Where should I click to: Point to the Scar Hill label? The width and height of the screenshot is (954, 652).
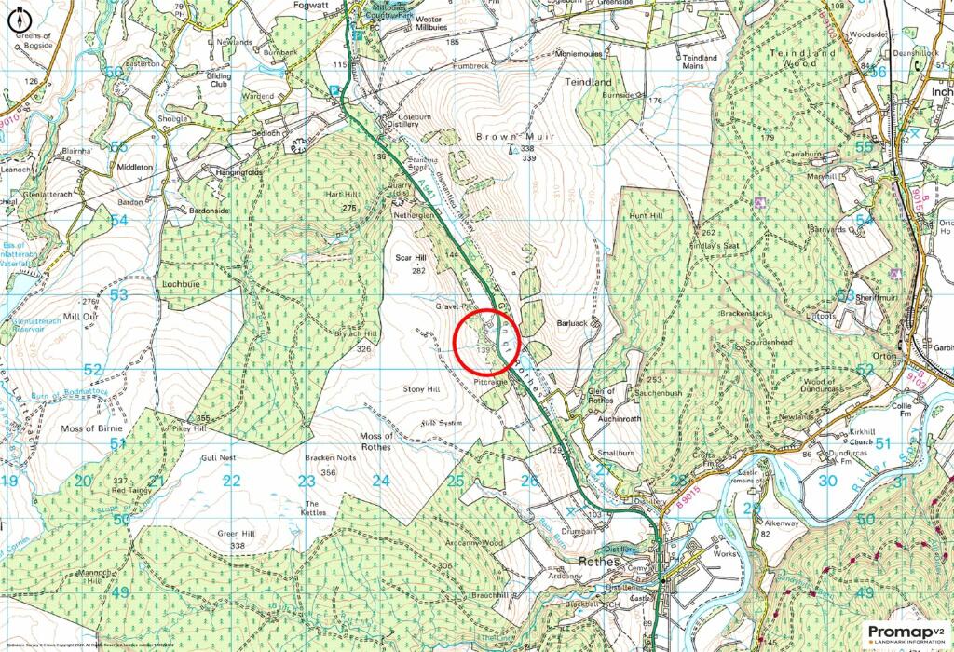click(x=410, y=257)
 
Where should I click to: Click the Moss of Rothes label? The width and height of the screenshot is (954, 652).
click(x=375, y=441)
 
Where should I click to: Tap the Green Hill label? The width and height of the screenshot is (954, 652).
click(x=236, y=533)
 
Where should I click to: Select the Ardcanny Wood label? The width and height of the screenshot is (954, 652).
click(x=475, y=542)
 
